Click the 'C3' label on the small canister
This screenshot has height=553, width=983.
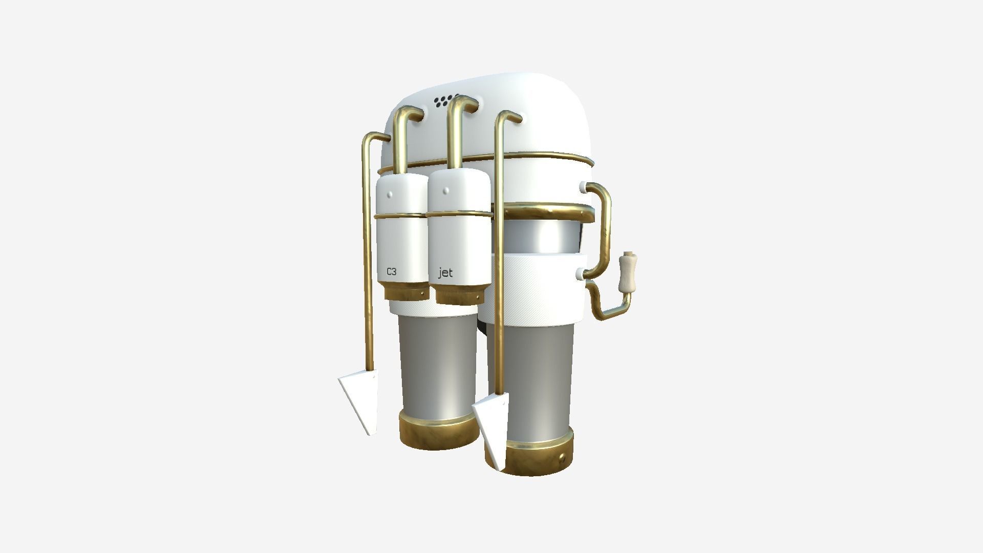click(391, 272)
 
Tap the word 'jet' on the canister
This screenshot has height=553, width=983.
click(445, 273)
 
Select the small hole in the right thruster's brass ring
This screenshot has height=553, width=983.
click(564, 456)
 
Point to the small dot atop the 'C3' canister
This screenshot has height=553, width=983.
click(391, 195)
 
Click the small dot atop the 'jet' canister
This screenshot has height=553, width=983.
click(446, 191)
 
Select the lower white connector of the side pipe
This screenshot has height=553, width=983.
click(582, 275)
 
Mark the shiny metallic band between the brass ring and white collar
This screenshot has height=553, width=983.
click(543, 236)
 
